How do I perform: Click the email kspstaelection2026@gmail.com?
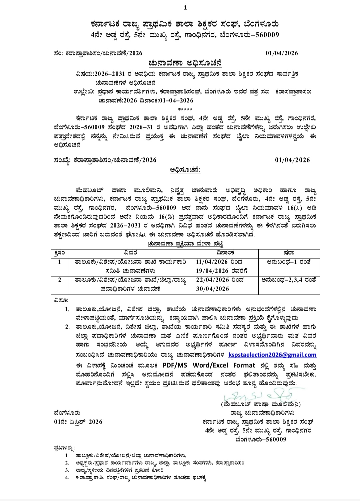[x=272, y=355]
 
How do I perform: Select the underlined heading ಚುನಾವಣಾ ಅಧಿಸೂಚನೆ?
[x=185, y=63]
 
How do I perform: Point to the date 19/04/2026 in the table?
[x=213, y=271]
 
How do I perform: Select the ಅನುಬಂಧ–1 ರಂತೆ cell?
[x=289, y=262]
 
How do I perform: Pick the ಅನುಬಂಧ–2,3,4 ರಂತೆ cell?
[x=289, y=280]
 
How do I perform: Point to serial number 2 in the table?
[x=60, y=280]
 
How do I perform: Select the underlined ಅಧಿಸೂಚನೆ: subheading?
[x=185, y=170]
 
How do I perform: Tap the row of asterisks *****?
[x=185, y=109]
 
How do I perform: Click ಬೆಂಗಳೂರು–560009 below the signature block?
[x=261, y=439]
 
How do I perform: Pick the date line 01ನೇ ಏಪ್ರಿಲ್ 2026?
[x=78, y=422]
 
